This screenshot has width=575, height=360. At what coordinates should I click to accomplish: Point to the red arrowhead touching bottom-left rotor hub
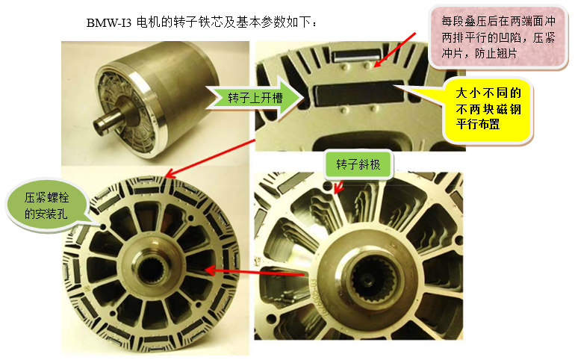[x=211, y=270]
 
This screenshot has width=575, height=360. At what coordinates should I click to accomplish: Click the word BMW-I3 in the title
[x=109, y=23]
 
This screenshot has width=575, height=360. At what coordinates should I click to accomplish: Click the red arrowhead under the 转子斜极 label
[x=338, y=191]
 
